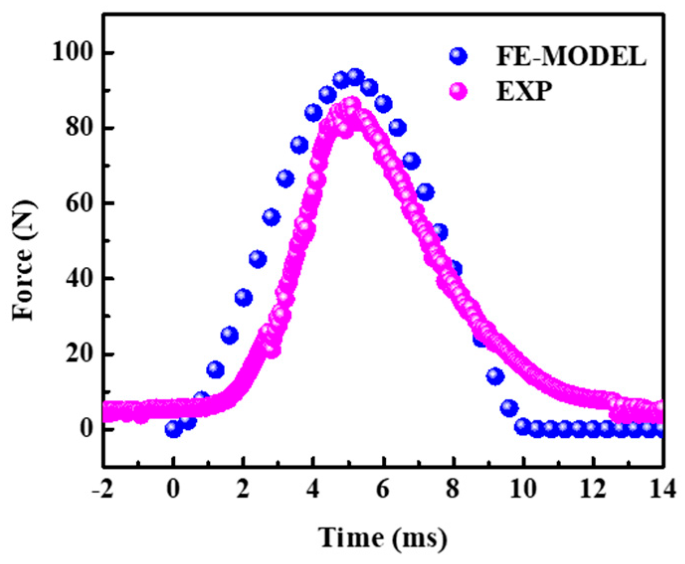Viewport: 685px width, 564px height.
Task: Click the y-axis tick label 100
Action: pyautogui.click(x=73, y=52)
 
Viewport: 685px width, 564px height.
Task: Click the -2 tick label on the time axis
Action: pyautogui.click(x=103, y=489)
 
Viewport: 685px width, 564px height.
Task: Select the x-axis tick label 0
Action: pyautogui.click(x=173, y=489)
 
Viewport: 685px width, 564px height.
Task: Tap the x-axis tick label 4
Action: pyautogui.click(x=313, y=489)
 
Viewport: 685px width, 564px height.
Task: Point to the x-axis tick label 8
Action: pyautogui.click(x=453, y=489)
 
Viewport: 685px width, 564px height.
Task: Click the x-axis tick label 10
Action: pyautogui.click(x=523, y=489)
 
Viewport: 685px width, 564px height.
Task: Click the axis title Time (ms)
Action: pyautogui.click(x=383, y=538)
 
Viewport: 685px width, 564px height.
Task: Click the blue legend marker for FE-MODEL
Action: pyautogui.click(x=458, y=56)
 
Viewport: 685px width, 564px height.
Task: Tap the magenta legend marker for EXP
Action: pyautogui.click(x=458, y=91)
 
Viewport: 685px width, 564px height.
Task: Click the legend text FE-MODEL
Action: pyautogui.click(x=571, y=56)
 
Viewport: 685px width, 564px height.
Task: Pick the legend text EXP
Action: pyautogui.click(x=524, y=91)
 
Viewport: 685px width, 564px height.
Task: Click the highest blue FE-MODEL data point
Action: pyautogui.click(x=355, y=77)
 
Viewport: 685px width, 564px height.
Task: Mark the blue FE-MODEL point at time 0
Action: pyautogui.click(x=173, y=428)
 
